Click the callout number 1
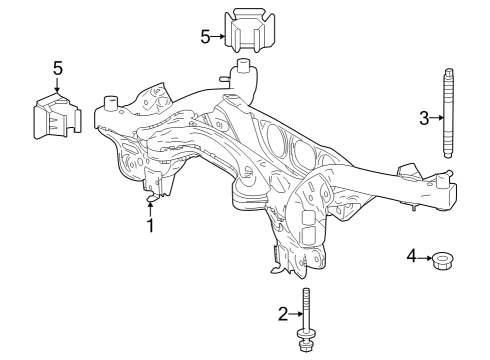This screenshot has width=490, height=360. [x=150, y=227]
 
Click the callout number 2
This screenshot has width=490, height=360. [x=283, y=314]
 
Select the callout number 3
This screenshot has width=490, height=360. [x=424, y=118]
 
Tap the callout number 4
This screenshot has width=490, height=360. [x=411, y=257]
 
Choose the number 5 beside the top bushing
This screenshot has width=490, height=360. [x=206, y=37]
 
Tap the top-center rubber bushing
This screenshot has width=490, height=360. [x=246, y=33]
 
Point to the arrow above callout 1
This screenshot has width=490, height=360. [x=150, y=208]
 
